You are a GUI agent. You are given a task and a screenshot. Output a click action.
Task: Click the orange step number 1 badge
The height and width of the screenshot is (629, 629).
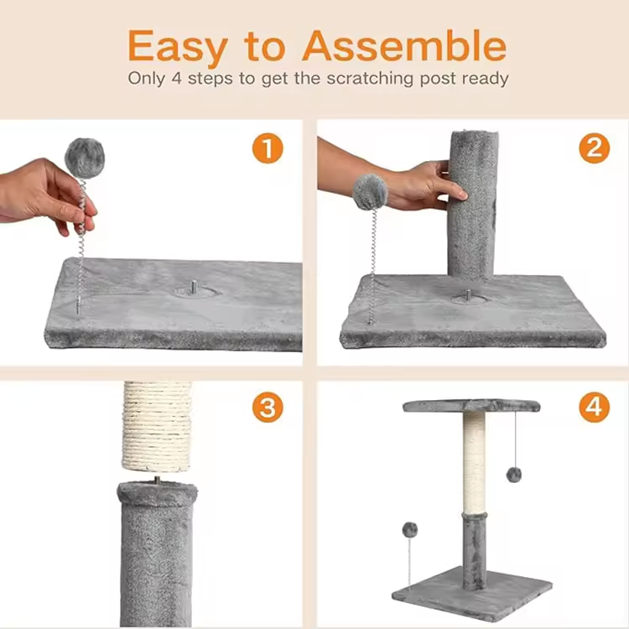pyautogui.click(x=268, y=148)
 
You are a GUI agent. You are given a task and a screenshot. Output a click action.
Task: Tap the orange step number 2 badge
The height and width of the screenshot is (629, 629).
pyautogui.click(x=594, y=148)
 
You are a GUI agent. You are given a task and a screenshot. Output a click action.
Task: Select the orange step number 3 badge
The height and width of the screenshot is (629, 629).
pyautogui.click(x=268, y=407)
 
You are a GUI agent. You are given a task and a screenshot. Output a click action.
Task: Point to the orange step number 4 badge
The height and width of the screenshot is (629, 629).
pyautogui.click(x=594, y=407)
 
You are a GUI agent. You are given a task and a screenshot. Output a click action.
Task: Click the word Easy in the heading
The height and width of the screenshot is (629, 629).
pyautogui.click(x=178, y=47)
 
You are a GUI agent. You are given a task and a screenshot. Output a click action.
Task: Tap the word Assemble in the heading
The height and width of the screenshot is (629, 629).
pyautogui.click(x=404, y=45)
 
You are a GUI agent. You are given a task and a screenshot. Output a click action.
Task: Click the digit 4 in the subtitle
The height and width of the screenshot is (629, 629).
pyautogui.click(x=176, y=78)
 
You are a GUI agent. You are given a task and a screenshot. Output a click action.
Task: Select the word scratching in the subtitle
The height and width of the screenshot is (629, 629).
pyautogui.click(x=370, y=79)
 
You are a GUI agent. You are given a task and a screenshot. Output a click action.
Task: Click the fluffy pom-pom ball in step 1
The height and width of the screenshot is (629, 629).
pyautogui.click(x=85, y=157)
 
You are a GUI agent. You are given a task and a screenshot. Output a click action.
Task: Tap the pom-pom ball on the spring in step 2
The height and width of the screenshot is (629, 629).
pyautogui.click(x=370, y=192)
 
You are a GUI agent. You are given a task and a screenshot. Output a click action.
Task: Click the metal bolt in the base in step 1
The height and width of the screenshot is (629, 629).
pyautogui.click(x=195, y=287)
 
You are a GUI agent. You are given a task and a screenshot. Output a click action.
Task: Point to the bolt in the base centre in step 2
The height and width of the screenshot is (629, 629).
pyautogui.click(x=467, y=296)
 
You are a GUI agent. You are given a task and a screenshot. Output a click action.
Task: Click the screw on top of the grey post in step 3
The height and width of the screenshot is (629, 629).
pyautogui.click(x=158, y=480)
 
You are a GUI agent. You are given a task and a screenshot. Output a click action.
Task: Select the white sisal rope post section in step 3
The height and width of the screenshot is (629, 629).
pyautogui.click(x=157, y=426)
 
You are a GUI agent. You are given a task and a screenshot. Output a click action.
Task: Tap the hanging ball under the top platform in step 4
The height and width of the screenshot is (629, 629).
pyautogui.click(x=514, y=475)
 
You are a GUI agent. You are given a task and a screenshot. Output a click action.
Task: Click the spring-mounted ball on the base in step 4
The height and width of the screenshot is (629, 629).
pyautogui.click(x=410, y=530)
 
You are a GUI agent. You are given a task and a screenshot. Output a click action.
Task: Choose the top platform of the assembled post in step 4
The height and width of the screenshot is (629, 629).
pyautogui.click(x=471, y=406)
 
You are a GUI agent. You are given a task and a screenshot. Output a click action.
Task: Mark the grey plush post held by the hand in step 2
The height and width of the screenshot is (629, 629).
pyautogui.click(x=472, y=205)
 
